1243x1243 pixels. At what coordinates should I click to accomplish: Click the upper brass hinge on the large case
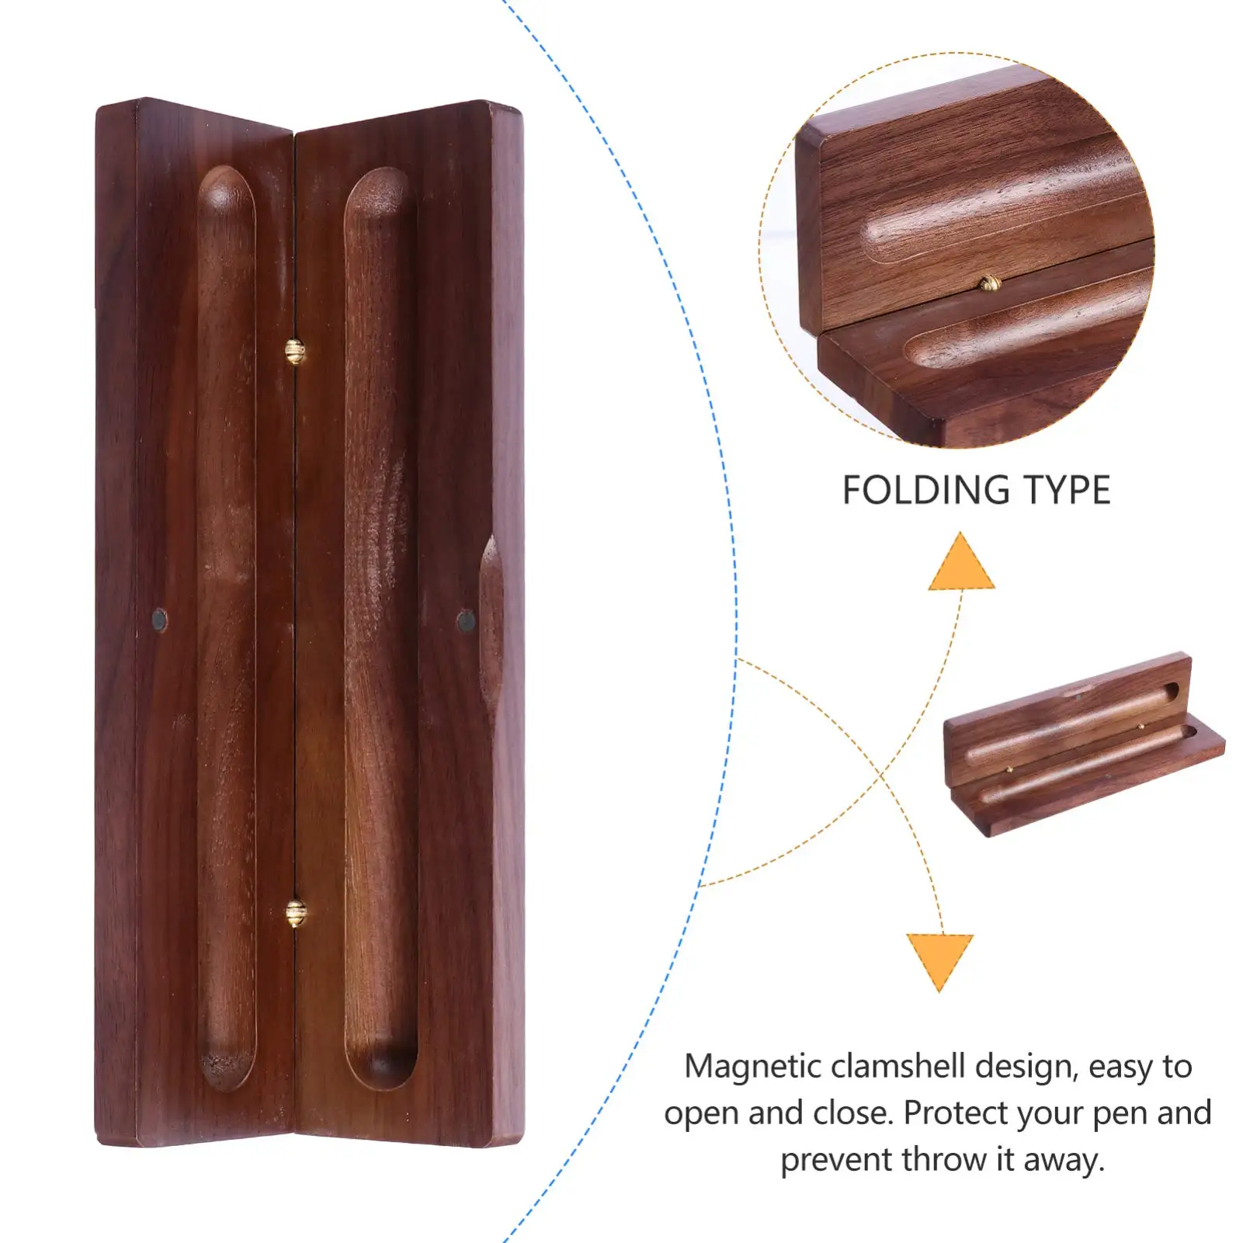(x=295, y=351)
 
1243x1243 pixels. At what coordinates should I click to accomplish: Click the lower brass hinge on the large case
(x=295, y=913)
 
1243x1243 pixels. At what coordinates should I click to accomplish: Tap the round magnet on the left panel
(x=159, y=620)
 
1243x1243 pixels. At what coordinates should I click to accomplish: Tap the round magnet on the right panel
(x=466, y=620)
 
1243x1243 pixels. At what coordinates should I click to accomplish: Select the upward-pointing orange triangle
(x=961, y=563)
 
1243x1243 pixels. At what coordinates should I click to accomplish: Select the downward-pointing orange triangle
(x=939, y=960)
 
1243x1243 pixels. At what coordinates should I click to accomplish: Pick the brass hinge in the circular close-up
(x=988, y=284)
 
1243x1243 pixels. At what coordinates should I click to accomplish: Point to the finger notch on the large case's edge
(x=490, y=621)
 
